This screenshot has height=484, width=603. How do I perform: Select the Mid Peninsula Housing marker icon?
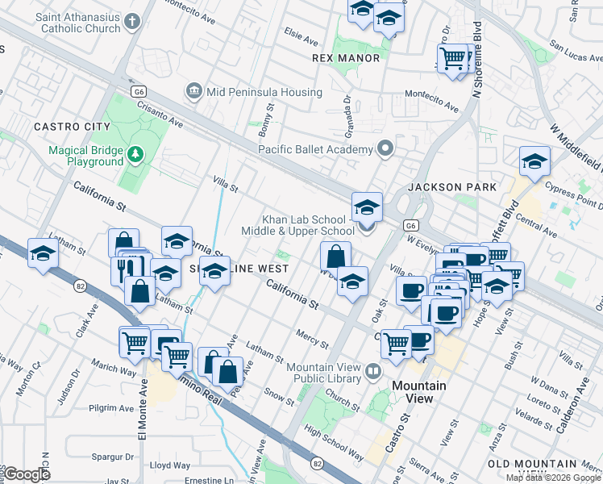coord(193,92)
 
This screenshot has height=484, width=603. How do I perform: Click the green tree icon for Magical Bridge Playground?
coord(137,152)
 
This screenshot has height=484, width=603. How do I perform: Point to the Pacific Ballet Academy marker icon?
coord(385,148)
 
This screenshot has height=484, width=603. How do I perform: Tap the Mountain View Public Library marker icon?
coord(372,372)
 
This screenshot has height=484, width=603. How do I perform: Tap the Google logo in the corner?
coord(26,474)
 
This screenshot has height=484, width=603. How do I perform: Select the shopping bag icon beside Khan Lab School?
coord(335,257)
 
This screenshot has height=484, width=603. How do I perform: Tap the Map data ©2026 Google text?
coord(553,478)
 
